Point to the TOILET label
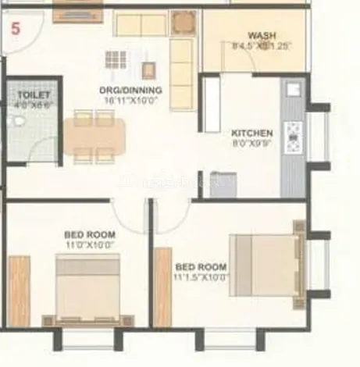(33, 95)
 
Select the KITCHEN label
(252, 134)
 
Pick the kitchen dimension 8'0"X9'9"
(252, 144)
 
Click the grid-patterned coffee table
(116, 60)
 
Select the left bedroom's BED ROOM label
(90, 235)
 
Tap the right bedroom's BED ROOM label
(201, 266)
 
